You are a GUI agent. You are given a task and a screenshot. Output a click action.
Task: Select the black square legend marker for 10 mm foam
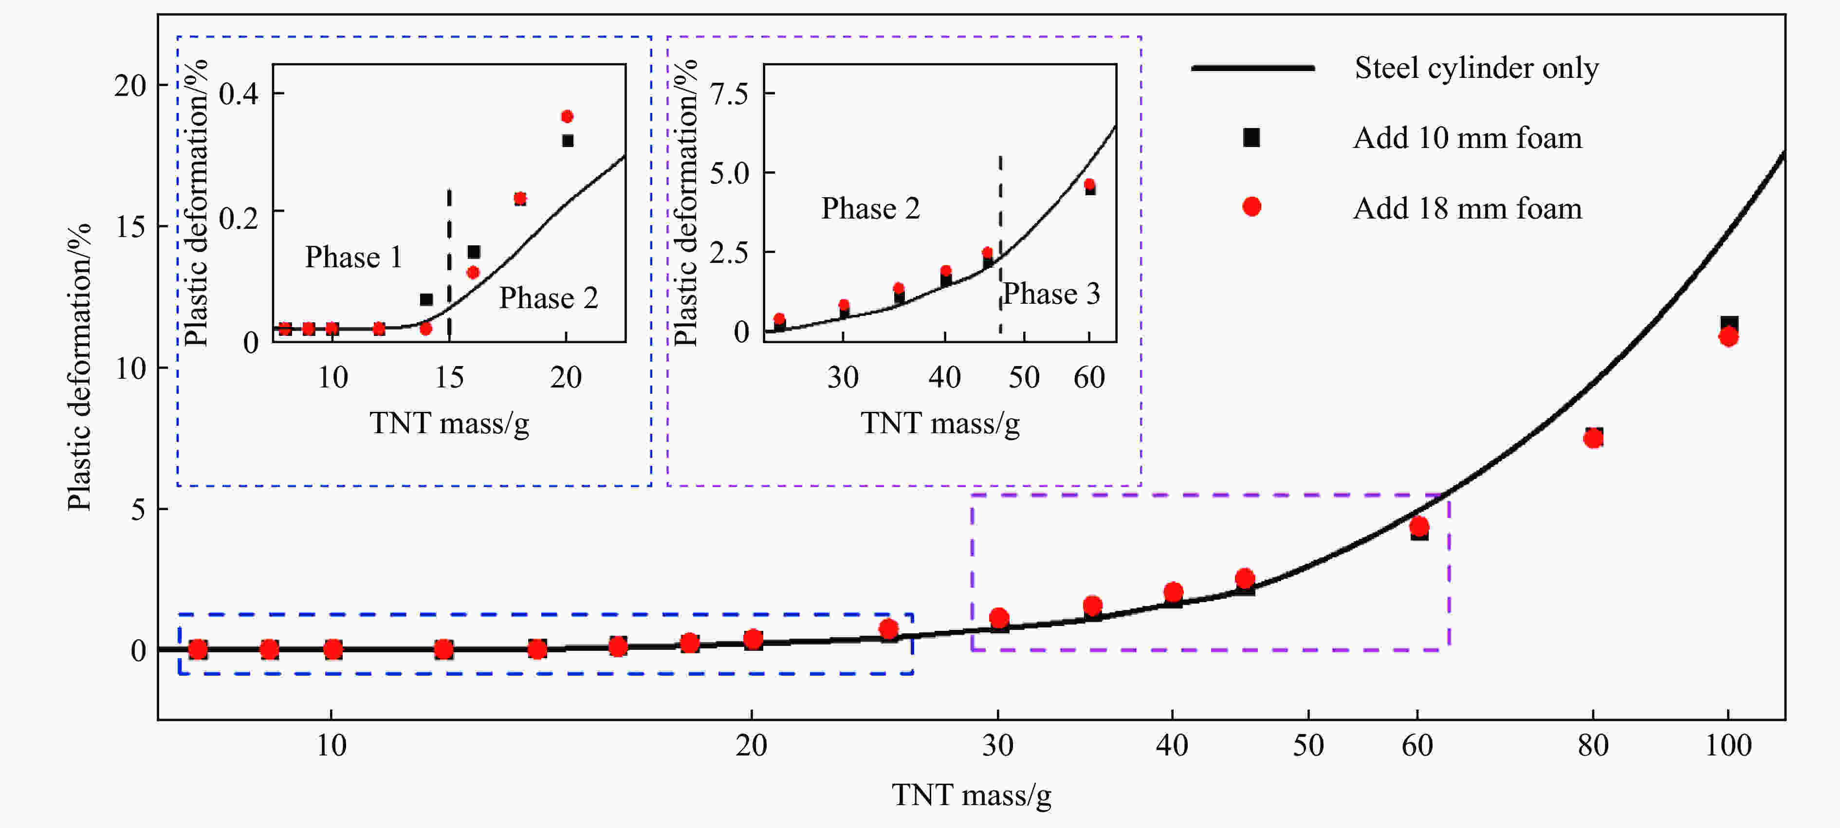[1251, 137]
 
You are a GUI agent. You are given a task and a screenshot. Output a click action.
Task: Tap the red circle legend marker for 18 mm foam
[1251, 207]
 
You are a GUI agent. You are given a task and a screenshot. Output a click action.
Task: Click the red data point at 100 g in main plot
[1729, 336]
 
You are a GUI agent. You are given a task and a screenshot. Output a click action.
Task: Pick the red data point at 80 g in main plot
[1593, 438]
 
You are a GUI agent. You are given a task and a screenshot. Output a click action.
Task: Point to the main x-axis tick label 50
[1308, 746]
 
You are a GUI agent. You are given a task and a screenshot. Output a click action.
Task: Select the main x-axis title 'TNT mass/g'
[972, 795]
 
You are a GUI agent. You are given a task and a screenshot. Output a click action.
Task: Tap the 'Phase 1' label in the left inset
[353, 257]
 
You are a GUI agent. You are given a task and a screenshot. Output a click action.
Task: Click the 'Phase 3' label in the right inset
[1051, 294]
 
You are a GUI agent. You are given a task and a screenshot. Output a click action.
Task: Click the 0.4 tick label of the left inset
[239, 93]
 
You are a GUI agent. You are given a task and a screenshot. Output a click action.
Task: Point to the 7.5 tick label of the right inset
[729, 93]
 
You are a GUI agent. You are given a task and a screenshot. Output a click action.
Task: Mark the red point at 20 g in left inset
[567, 116]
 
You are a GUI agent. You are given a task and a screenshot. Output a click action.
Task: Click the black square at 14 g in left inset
[426, 299]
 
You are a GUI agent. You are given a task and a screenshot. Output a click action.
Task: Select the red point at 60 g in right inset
[1089, 184]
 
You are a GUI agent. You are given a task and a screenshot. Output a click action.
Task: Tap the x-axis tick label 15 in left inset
[449, 377]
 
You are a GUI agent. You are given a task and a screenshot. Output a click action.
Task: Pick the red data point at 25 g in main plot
[888, 629]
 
